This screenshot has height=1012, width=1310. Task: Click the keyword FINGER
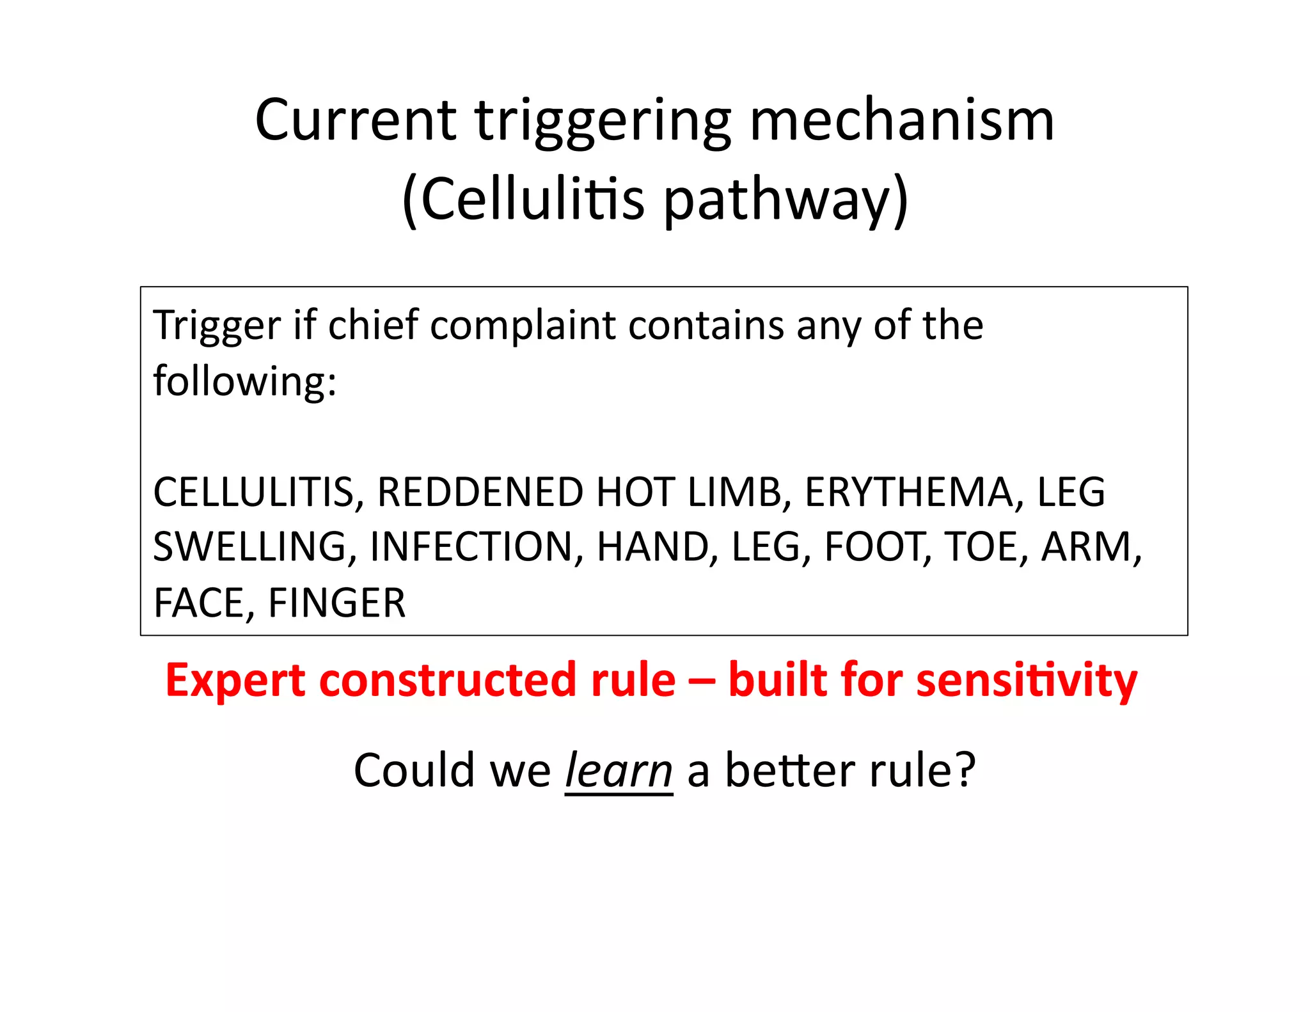[336, 603]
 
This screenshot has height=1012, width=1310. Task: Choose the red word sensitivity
[1027, 681]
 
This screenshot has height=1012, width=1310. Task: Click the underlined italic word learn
[619, 771]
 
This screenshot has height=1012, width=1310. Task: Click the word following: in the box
[244, 382]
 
